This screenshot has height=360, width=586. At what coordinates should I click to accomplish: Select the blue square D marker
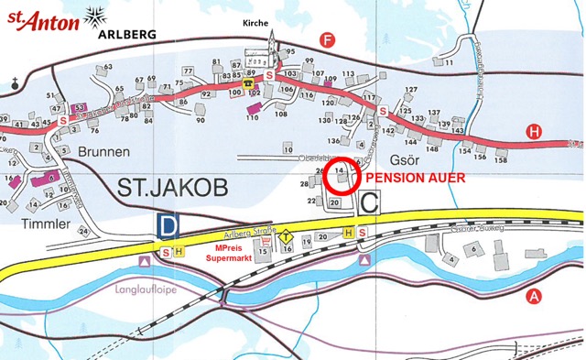pos(167,225)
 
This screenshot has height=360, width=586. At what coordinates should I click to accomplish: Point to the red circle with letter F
pos(327,39)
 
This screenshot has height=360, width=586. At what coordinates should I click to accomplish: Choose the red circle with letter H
pos(534,132)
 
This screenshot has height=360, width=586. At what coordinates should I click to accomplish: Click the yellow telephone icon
pos(247,82)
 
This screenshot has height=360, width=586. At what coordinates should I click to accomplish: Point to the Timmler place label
pos(39,221)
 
